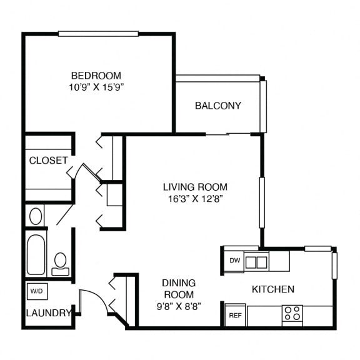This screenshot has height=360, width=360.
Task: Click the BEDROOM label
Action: (96, 75)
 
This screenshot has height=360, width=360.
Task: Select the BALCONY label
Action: (217, 106)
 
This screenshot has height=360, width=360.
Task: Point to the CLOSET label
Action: (48, 161)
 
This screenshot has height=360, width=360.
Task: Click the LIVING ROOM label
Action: (195, 187)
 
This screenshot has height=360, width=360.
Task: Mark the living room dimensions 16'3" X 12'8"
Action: (195, 199)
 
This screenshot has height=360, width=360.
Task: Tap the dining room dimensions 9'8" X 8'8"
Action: (179, 307)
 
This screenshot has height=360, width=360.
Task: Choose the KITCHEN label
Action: (272, 289)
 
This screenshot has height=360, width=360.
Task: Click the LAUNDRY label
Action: (49, 313)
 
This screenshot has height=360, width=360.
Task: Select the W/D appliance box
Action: (36, 291)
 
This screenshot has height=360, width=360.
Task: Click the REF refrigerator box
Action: (235, 316)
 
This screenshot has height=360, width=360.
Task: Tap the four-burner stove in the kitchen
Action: (292, 313)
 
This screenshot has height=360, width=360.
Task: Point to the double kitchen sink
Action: (256, 261)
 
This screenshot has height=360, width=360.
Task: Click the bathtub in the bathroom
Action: (36, 254)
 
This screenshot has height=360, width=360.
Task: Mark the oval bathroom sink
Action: (36, 216)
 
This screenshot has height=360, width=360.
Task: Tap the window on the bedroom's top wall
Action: (98, 34)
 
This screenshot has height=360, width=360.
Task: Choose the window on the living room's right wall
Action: (262, 202)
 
